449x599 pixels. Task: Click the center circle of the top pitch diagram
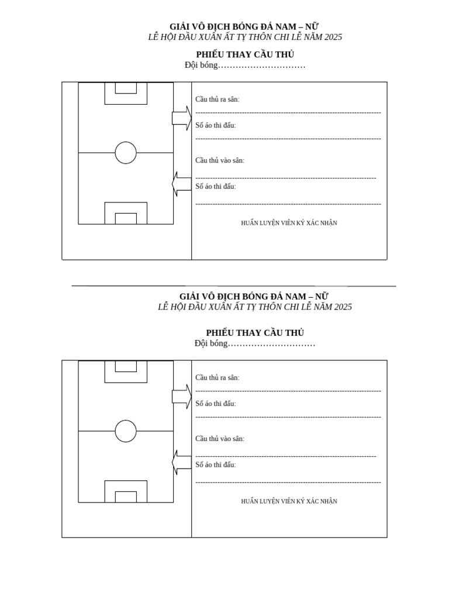coord(115,153)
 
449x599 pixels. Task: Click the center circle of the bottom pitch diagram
coord(115,431)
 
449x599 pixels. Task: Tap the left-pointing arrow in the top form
coord(182,184)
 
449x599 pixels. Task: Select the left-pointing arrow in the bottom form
coord(182,462)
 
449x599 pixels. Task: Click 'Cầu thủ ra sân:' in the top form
coord(217,99)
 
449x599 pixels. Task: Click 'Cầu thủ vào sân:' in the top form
coord(220,160)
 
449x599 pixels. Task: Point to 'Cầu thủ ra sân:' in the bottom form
coord(217,377)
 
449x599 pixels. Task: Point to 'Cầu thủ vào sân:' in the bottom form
coord(220,439)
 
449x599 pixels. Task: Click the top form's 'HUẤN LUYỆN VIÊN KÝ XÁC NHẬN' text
coord(289,223)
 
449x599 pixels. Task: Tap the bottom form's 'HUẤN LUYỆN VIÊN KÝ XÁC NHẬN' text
coord(289,501)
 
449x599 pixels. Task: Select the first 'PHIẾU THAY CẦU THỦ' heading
coord(245,54)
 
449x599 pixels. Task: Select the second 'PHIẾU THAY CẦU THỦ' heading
coord(255,332)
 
